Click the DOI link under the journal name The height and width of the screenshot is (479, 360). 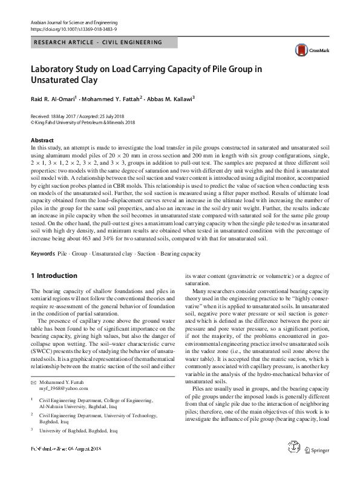pyautogui.click(x=73, y=28)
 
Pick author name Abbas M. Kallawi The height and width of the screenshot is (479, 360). pyautogui.click(x=172, y=99)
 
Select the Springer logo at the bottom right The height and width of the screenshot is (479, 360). pyautogui.click(x=317, y=467)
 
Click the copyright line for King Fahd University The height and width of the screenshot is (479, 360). pyautogui.click(x=82, y=122)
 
